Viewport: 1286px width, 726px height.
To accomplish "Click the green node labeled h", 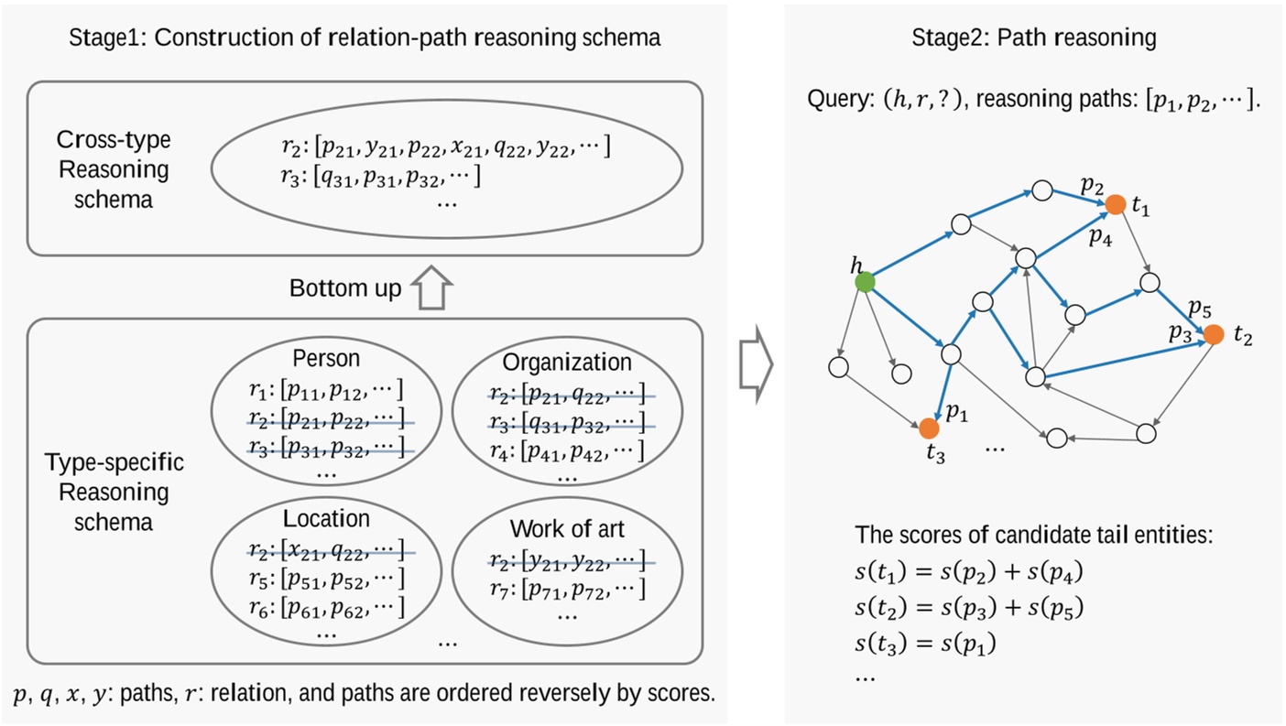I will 864,283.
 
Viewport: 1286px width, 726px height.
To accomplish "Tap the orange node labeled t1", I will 1115,205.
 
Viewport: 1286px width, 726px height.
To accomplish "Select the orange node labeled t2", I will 1214,334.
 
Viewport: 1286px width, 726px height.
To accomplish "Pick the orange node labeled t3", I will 929,428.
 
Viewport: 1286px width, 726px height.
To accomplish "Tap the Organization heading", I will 567,363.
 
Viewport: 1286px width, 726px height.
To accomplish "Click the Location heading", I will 326,519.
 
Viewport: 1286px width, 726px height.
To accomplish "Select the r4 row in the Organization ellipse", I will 567,450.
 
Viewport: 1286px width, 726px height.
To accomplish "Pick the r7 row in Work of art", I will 567,588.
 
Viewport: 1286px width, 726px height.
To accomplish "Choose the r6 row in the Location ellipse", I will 327,606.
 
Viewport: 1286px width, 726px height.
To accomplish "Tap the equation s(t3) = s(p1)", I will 924,645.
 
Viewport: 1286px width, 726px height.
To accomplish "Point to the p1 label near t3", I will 957,414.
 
